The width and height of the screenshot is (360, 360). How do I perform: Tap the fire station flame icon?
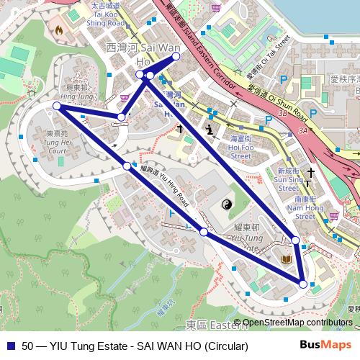[57, 31]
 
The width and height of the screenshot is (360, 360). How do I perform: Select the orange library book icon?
[286, 258]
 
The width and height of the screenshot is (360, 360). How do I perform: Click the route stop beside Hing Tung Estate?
[57, 107]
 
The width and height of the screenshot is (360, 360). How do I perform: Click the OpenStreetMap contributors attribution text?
[293, 323]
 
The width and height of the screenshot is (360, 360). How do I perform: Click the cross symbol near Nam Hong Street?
[311, 174]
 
